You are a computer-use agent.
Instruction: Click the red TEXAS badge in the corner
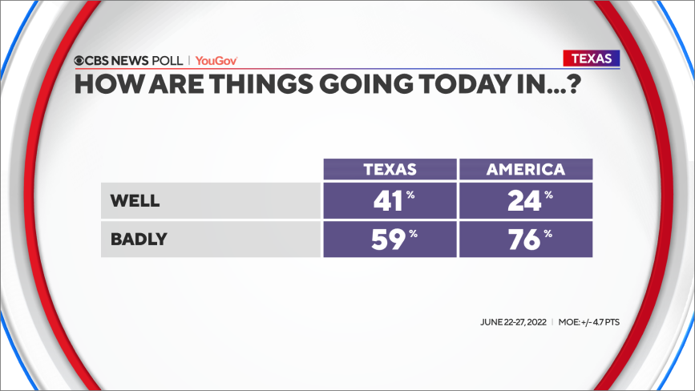click(x=592, y=58)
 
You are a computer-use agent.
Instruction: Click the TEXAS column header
click(x=390, y=169)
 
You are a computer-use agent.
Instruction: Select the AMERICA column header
click(x=526, y=169)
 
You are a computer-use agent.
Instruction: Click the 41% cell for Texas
click(x=390, y=200)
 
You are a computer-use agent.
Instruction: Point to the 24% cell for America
click(x=526, y=200)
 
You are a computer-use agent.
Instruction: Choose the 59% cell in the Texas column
click(x=390, y=239)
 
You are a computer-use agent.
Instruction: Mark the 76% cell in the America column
click(x=526, y=239)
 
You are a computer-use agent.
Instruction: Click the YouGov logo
click(x=216, y=61)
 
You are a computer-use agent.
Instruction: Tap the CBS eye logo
click(x=79, y=61)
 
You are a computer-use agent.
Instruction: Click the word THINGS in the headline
click(x=261, y=83)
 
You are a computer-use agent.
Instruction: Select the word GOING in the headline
click(x=366, y=83)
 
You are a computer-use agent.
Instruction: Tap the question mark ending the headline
click(x=574, y=83)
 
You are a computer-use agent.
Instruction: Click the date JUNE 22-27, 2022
click(x=513, y=322)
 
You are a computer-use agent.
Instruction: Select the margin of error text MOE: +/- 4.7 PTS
click(x=588, y=322)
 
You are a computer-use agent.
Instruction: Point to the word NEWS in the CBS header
click(x=129, y=61)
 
